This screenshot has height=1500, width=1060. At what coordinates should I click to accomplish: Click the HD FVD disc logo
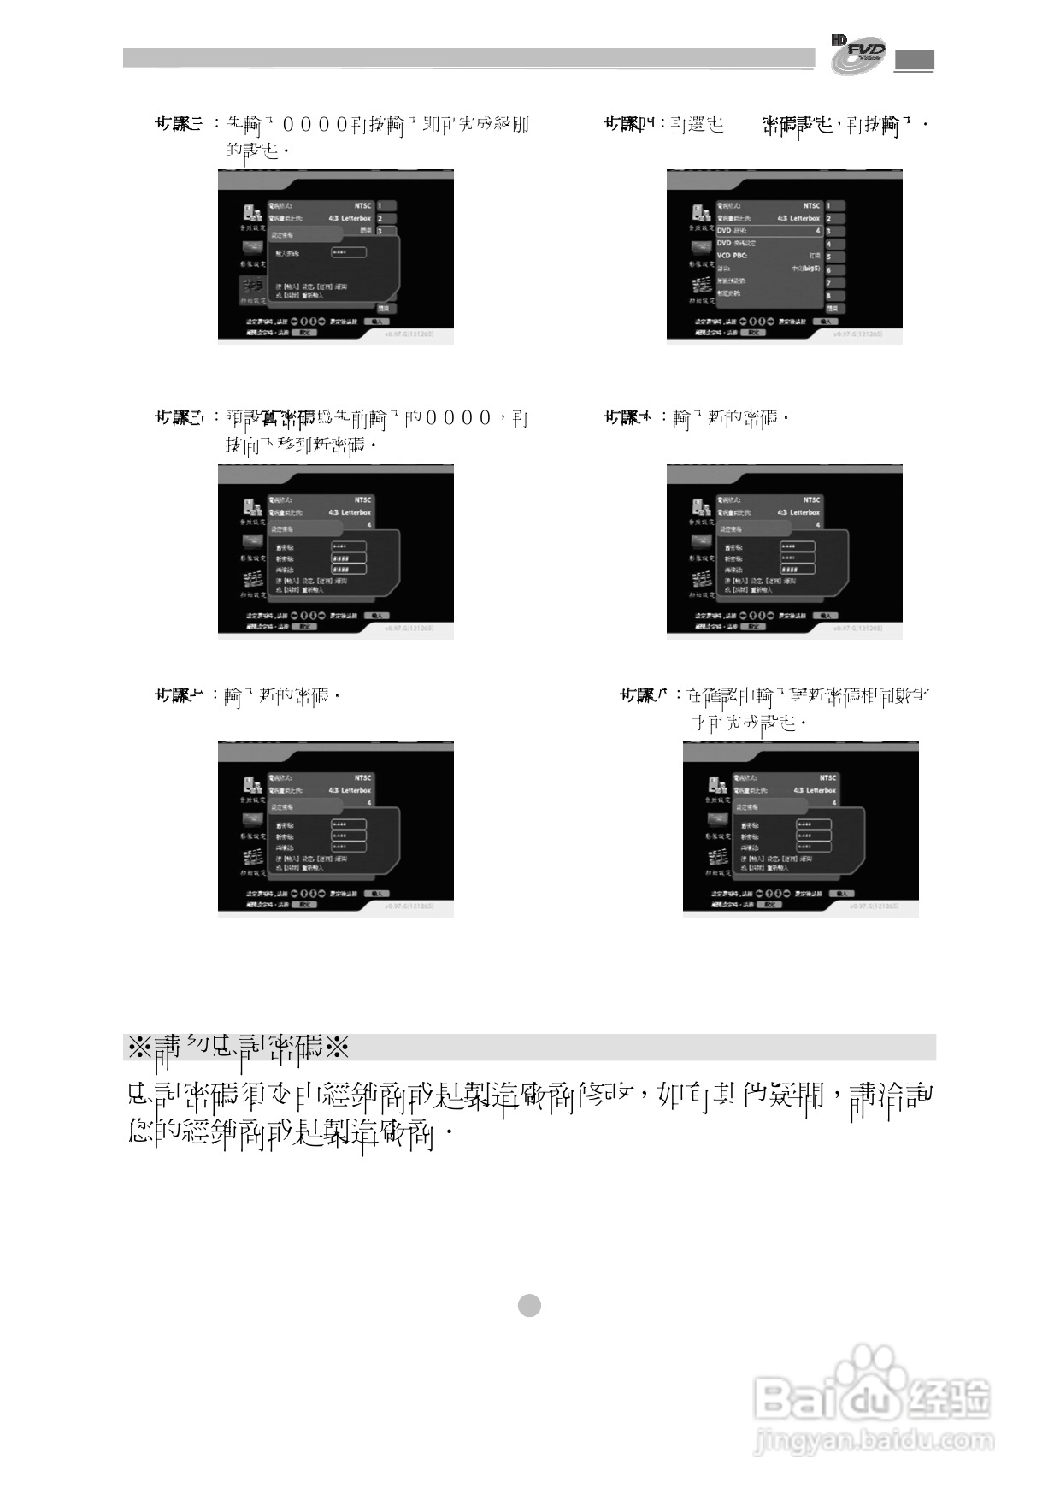point(858,55)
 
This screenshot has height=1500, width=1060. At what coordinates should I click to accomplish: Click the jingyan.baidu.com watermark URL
point(874,1442)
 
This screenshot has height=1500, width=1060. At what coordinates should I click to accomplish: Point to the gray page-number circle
point(530,1305)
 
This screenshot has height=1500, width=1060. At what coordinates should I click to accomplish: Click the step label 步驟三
point(179,124)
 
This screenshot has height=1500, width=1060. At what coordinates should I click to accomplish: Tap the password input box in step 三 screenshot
point(349,252)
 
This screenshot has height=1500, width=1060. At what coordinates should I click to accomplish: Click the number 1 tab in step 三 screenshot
point(386,205)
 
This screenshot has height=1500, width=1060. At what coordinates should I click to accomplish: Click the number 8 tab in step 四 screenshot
point(833,295)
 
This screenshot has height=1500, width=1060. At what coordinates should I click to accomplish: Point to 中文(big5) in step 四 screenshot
point(804,269)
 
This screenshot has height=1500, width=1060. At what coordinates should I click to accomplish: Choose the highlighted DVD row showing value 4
point(768,231)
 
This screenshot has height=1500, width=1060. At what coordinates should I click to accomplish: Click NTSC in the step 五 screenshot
point(363,500)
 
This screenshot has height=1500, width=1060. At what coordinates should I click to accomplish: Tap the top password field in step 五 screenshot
point(349,546)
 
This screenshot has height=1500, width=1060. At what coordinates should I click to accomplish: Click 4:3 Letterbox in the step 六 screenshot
point(798,512)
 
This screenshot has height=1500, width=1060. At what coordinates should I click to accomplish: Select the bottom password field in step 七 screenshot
point(349,847)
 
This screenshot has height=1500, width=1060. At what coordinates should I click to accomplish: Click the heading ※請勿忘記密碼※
point(238,1047)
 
